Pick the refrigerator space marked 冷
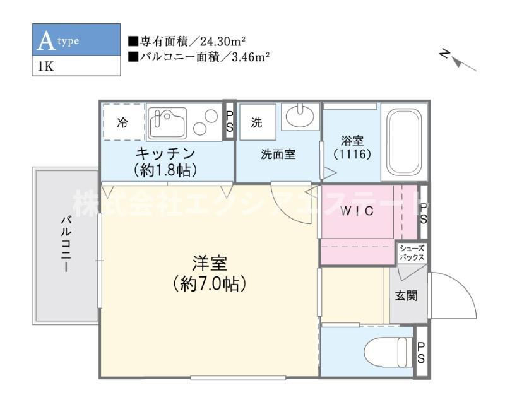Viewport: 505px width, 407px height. pyautogui.click(x=123, y=122)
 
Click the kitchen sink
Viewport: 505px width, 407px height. pyautogui.click(x=167, y=122)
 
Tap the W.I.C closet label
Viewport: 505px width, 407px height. pyautogui.click(x=357, y=211)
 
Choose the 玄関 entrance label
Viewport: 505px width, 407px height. pyautogui.click(x=406, y=295)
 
